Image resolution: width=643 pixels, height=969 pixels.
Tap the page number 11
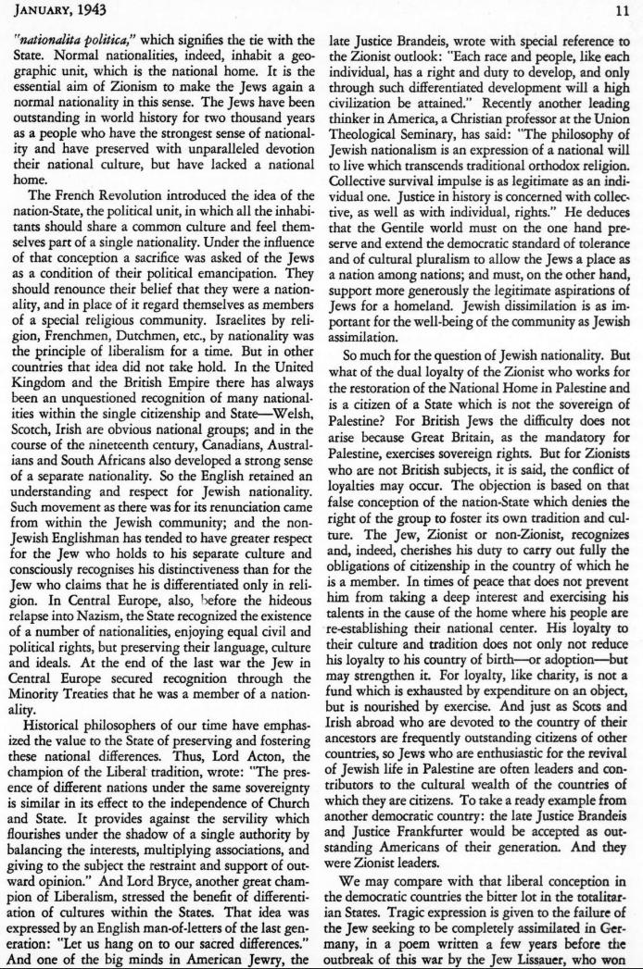pos(622,11)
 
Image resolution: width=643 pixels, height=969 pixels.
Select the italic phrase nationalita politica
pos(73,42)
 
